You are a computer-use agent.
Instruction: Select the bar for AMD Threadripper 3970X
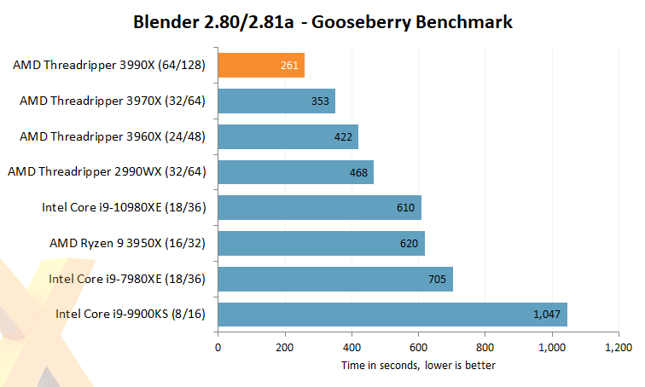276,101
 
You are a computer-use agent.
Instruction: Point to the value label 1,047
546,315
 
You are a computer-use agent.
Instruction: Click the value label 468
358,173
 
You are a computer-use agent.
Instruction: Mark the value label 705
438,280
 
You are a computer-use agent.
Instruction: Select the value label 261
289,66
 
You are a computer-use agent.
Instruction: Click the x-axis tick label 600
418,348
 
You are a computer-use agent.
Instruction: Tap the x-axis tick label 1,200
618,348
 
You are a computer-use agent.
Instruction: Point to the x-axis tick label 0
218,348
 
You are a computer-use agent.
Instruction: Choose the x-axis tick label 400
352,348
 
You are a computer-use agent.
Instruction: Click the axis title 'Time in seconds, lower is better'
418,365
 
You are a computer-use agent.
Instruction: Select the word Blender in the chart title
166,22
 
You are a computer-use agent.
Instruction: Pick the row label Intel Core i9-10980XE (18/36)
124,208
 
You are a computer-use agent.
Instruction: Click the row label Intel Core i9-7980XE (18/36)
127,279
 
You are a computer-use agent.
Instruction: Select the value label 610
406,209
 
